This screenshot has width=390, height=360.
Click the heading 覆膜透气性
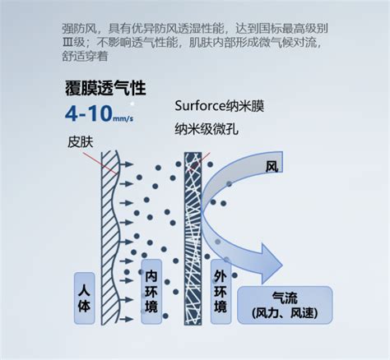105,88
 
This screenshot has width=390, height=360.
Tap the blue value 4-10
89,113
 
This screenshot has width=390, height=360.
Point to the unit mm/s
123,118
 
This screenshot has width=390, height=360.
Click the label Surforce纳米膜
220,106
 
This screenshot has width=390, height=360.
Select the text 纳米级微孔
207,129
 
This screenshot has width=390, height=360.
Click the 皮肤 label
81,142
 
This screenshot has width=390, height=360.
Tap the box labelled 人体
85,298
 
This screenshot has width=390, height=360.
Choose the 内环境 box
151,291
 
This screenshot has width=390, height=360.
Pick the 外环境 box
221,291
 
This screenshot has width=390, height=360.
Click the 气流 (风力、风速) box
285,305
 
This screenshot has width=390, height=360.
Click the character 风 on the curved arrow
272,166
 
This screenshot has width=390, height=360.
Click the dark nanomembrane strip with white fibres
193,238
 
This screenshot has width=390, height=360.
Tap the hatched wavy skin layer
110,238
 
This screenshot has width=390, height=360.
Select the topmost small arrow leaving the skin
127,164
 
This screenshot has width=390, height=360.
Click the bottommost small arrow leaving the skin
127,319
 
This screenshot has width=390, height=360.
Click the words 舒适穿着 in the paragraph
85,56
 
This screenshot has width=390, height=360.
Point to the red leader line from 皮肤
100,164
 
